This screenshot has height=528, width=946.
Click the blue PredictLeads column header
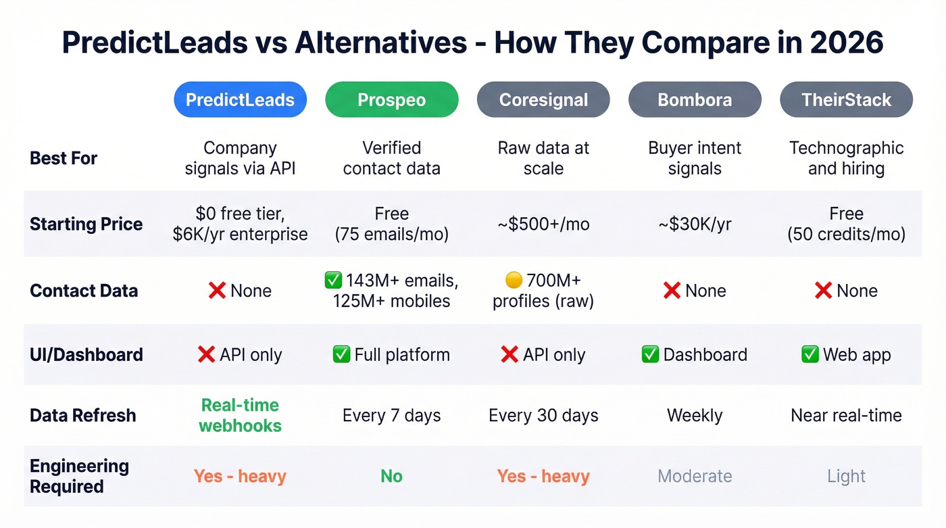[x=240, y=100]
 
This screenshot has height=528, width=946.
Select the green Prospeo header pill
[x=391, y=100]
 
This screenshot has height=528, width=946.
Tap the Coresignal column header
[x=543, y=100]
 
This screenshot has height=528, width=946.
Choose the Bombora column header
[x=695, y=100]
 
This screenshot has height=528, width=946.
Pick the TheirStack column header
[x=846, y=100]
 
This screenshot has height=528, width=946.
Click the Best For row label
[x=64, y=158]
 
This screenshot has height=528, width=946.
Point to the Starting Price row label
[x=86, y=224]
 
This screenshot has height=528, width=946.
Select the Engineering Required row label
[x=79, y=476]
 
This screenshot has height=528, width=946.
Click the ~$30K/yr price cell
[x=695, y=224]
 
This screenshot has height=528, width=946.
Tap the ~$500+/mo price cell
[x=543, y=224]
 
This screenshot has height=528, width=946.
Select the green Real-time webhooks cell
[x=240, y=415]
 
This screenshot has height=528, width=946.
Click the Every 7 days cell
[x=391, y=415]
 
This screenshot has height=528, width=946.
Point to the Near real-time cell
[x=846, y=415]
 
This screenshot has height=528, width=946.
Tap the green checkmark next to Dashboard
[x=650, y=354]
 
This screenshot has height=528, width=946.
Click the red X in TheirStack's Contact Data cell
[x=822, y=291]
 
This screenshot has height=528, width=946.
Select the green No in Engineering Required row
[x=391, y=476]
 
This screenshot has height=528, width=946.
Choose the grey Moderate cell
[x=695, y=476]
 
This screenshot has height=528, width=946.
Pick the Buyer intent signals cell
[x=695, y=158]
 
